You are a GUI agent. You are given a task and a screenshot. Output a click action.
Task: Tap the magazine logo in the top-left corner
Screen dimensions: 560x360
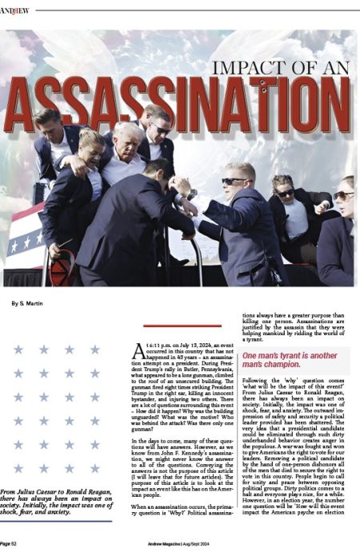14,10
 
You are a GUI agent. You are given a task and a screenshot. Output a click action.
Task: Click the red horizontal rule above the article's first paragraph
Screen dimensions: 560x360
170,326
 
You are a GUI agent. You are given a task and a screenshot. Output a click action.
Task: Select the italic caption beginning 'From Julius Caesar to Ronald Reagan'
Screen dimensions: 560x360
56,502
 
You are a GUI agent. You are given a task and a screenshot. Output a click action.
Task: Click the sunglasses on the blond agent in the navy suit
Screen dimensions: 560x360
236,182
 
